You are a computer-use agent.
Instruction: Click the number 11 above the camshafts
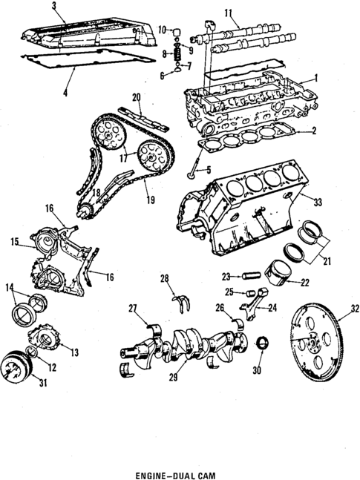tap(229, 13)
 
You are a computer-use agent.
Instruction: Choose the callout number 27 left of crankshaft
tap(133, 308)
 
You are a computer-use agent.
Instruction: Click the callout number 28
tap(164, 278)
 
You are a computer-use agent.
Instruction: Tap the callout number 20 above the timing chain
tap(136, 97)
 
